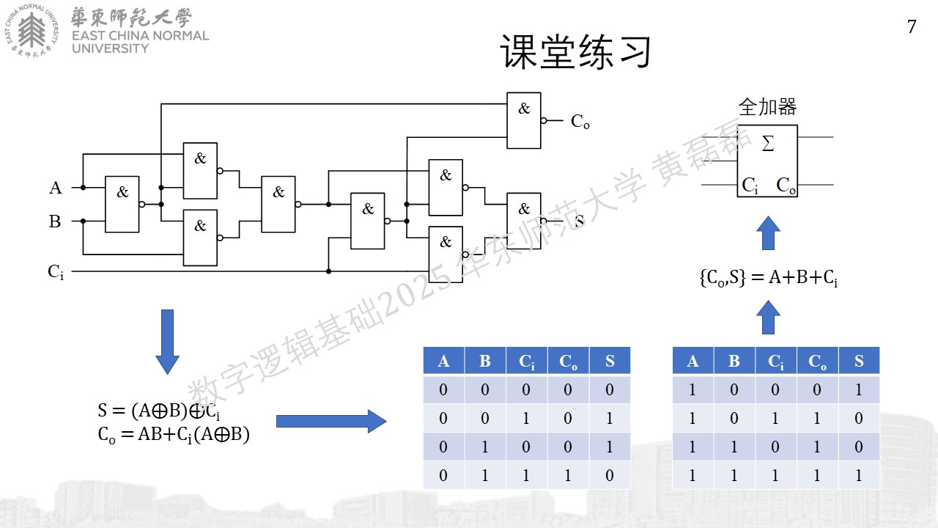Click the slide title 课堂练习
575,51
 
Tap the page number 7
912,26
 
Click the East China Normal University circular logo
32,31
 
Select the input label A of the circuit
55,188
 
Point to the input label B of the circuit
55,221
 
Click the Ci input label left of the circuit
56,272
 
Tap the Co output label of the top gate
580,122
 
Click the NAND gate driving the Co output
524,121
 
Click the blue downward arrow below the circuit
168,342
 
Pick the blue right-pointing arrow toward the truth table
331,421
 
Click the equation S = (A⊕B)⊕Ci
159,411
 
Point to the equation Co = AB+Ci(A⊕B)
174,435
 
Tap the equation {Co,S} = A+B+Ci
769,277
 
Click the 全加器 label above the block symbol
767,107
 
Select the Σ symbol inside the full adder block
767,143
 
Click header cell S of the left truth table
610,360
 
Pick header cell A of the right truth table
693,360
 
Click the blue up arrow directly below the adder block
769,232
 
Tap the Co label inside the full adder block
786,185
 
